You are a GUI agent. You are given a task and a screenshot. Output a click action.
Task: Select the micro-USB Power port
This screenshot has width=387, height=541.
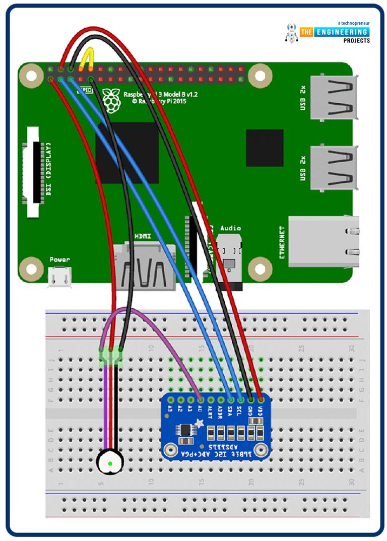pyautogui.click(x=59, y=277)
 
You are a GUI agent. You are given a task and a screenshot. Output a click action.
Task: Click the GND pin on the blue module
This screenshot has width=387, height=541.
pyautogui.click(x=250, y=400)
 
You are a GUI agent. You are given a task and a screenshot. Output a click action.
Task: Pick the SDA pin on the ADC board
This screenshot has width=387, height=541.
pyautogui.click(x=230, y=400)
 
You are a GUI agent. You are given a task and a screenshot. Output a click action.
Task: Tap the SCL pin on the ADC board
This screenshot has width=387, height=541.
pyautogui.click(x=240, y=400)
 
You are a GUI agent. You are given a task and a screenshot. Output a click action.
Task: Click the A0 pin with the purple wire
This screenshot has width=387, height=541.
pyautogui.click(x=201, y=400)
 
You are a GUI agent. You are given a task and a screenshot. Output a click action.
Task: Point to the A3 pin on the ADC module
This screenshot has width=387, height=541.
pyautogui.click(x=171, y=400)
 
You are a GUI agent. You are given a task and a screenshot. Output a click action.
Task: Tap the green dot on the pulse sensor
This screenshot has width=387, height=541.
pyautogui.click(x=110, y=463)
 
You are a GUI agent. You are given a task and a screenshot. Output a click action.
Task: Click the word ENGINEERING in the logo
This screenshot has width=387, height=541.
pyautogui.click(x=343, y=32)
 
